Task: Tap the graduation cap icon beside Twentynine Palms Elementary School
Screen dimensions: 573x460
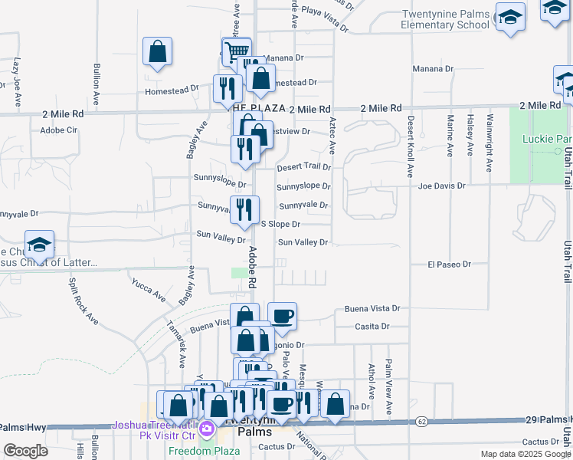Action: click(510, 17)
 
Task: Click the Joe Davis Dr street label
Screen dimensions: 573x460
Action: click(442, 186)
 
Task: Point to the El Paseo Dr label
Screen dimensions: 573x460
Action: click(449, 264)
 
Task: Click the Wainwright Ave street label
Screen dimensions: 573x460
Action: click(488, 143)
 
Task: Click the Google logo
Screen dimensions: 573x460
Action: click(25, 451)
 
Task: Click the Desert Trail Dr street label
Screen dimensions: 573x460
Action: click(303, 166)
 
